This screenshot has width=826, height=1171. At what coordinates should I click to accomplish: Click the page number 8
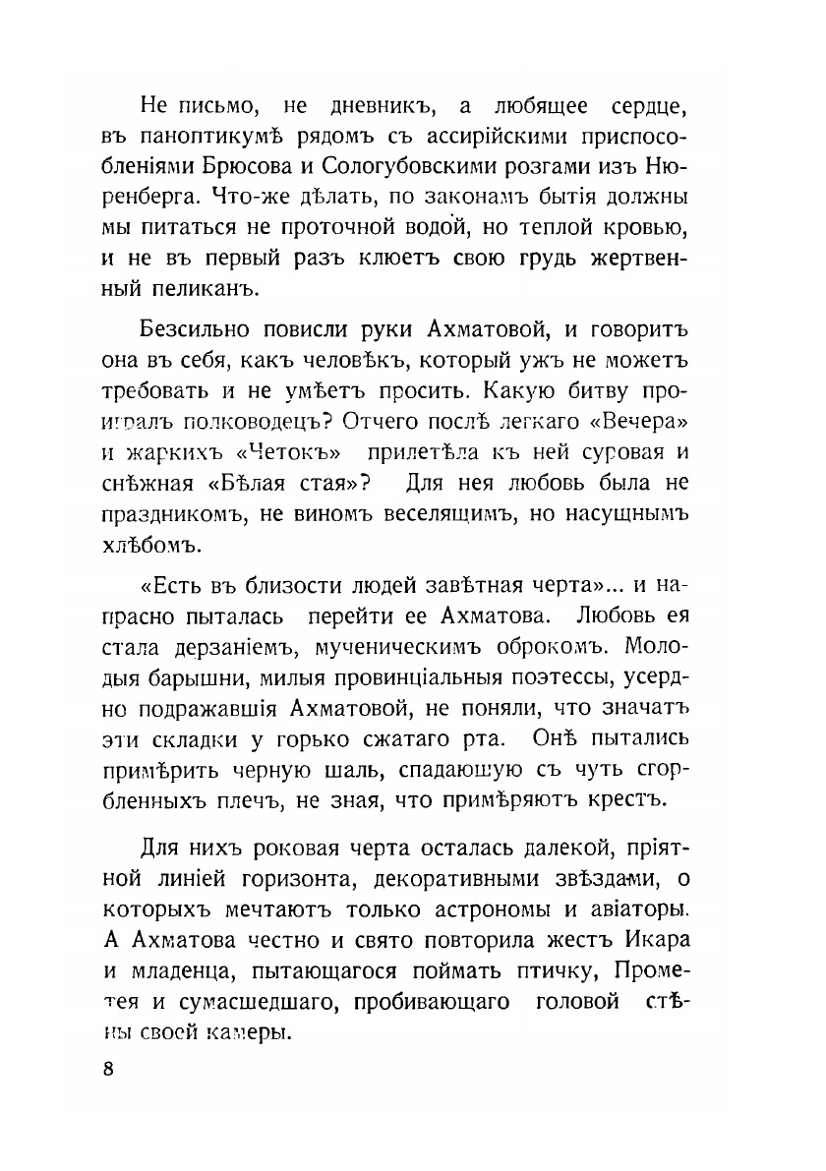pyautogui.click(x=108, y=1069)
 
